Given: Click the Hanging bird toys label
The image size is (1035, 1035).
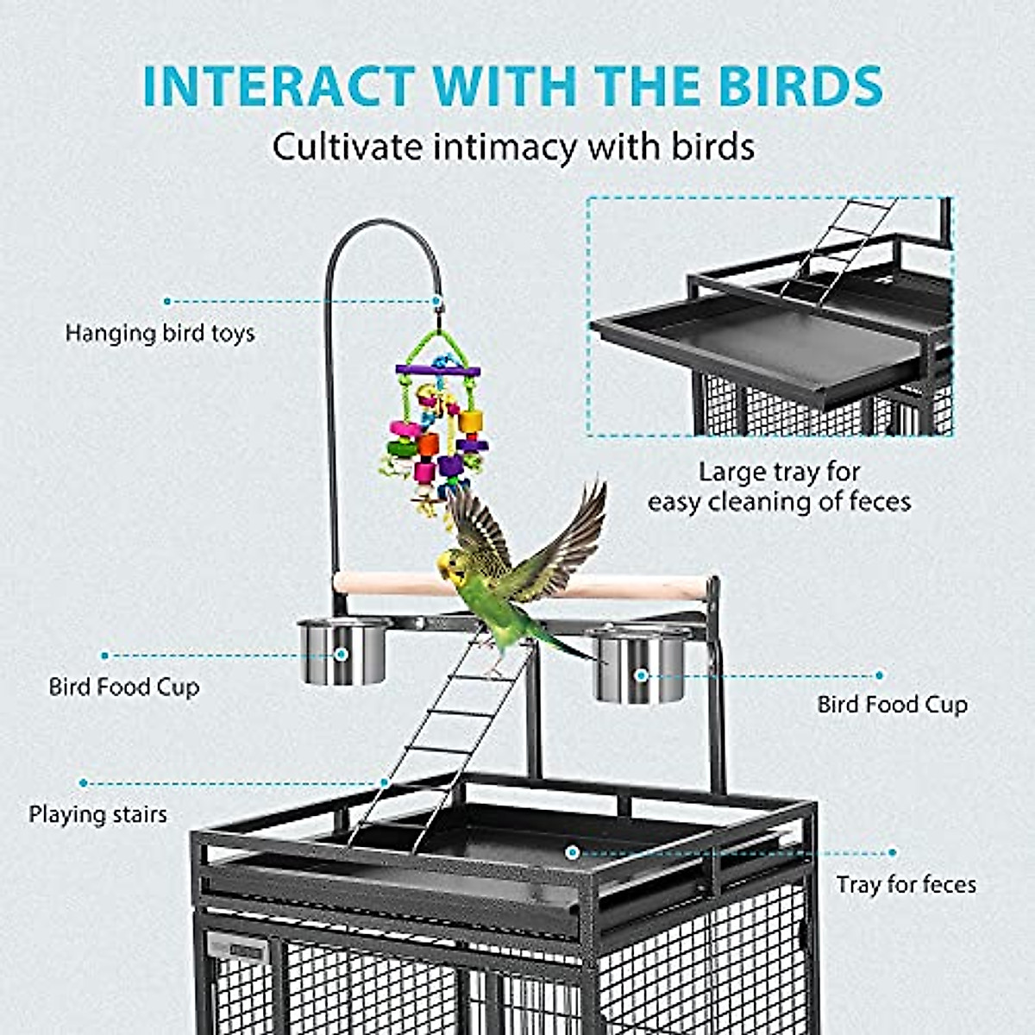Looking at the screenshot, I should point(160,333).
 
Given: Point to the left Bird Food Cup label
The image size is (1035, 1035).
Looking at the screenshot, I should point(124,687).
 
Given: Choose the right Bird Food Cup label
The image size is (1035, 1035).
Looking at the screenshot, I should point(893,705).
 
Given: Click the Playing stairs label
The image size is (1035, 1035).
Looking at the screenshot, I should point(97,814).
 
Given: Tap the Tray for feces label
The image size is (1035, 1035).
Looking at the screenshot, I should point(906,884).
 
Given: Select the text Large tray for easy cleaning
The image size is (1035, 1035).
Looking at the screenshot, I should point(779,486).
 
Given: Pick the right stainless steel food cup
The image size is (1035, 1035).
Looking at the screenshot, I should point(637,666).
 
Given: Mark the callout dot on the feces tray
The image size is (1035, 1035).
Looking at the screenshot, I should point(572,852).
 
